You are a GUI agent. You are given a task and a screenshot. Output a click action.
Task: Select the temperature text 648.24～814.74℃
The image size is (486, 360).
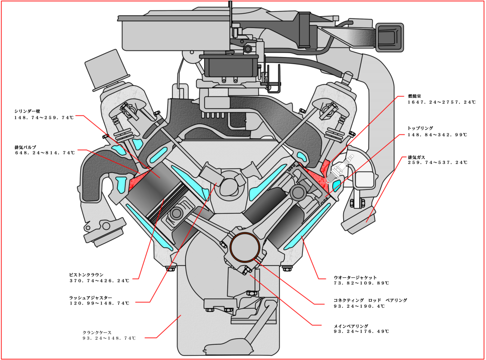[x=45, y=153]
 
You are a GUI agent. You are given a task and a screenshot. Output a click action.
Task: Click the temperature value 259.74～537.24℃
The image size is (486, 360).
[x=438, y=163]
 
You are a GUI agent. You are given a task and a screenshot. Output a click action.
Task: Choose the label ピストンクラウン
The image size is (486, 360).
[x=86, y=275]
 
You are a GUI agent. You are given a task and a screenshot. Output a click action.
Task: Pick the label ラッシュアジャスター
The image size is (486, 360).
[x=91, y=297]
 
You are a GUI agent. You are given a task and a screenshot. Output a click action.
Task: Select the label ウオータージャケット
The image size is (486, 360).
[x=355, y=277]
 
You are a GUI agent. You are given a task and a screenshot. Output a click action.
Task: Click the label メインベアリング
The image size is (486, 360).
[x=351, y=326]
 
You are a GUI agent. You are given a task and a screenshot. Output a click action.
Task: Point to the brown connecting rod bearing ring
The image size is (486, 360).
[x=245, y=247]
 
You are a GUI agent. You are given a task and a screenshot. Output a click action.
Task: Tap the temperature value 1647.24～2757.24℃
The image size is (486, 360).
[x=441, y=102]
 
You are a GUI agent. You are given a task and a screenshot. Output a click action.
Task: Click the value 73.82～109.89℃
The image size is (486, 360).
[x=361, y=284]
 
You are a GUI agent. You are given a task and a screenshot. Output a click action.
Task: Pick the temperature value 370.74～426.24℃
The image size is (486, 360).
[x=99, y=281]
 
